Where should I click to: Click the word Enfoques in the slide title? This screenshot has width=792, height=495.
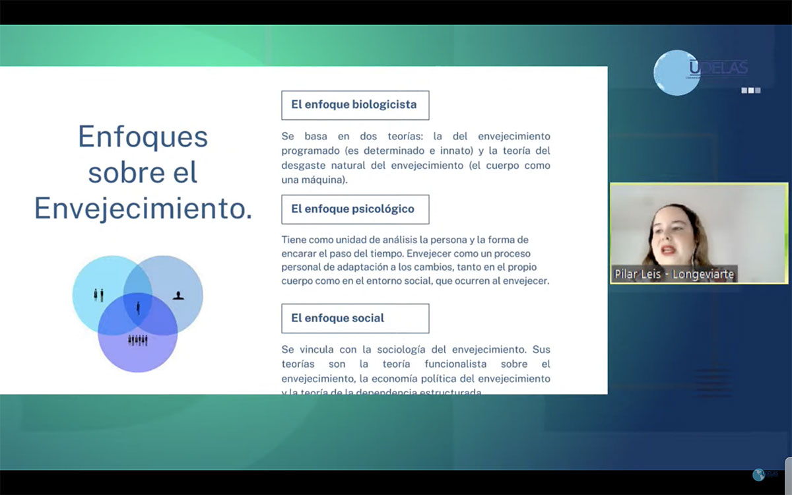coord(143,137)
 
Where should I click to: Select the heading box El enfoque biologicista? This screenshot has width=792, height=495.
coord(354,105)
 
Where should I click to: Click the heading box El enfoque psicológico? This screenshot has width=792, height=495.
coord(354,209)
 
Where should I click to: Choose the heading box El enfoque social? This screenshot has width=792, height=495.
coord(354,318)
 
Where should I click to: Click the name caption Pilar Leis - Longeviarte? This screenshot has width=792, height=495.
coord(674,275)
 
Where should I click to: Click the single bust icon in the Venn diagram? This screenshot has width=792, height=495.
coord(178,295)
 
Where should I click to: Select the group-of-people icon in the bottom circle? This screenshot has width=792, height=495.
coord(137,340)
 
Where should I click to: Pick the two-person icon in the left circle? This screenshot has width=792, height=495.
coord(98,294)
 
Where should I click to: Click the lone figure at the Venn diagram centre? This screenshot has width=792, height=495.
coord(138,307)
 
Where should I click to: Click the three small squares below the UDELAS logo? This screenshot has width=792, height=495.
coord(750,90)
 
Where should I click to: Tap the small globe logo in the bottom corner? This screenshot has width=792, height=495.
coord(759,475)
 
